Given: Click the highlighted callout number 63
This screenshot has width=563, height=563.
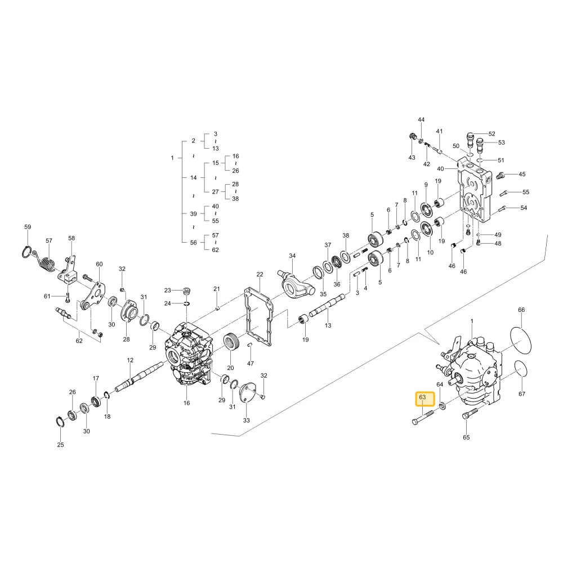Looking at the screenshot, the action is [x=422, y=397].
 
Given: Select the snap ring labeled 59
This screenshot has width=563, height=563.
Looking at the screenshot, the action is [x=28, y=252].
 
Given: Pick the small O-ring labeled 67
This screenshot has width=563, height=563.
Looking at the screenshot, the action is [x=522, y=369].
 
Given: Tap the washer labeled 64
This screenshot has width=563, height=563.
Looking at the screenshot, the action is [x=443, y=406].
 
